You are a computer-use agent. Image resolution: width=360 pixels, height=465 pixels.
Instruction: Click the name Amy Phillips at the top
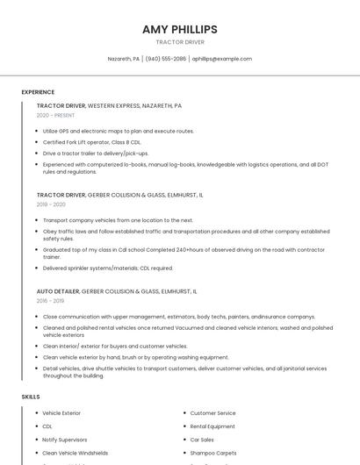tap(179, 29)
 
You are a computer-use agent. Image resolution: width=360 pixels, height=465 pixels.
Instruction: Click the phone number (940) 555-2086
tap(166, 59)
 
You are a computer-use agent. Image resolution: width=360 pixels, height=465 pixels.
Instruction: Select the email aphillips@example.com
tap(222, 59)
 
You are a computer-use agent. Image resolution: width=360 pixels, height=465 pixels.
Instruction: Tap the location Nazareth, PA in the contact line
tap(123, 59)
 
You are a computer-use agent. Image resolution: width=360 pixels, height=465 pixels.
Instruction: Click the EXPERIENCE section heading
tap(38, 92)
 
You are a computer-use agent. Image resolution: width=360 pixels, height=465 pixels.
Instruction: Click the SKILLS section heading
tap(30, 397)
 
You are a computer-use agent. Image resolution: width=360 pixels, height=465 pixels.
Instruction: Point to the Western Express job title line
tap(109, 105)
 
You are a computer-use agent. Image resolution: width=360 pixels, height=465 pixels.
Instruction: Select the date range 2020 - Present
tap(55, 115)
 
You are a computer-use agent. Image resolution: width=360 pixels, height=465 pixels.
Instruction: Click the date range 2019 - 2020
tap(51, 204)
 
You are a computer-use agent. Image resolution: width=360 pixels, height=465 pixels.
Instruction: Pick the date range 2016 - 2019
tap(50, 301)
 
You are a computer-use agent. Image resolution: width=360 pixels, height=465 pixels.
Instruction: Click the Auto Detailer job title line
tap(117, 291)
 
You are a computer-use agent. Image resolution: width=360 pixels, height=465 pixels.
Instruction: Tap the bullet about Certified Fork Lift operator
tap(91, 141)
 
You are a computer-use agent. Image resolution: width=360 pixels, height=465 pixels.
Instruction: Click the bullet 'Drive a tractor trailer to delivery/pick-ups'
tap(96, 153)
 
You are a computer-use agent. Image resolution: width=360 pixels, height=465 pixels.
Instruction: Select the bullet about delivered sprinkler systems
tap(107, 268)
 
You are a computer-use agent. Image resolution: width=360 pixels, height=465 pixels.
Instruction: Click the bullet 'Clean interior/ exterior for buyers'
tap(115, 346)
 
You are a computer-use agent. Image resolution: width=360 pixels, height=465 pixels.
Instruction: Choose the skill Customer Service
tap(212, 412)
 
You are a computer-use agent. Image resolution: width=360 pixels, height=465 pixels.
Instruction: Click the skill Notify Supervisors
tap(64, 439)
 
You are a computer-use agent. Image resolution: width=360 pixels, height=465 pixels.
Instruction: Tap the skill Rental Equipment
tap(212, 426)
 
